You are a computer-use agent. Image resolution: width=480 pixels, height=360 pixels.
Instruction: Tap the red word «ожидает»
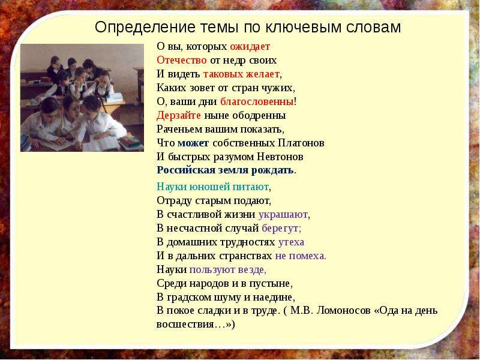coord(250,47)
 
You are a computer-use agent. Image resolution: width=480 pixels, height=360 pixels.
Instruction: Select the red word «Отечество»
coord(182,60)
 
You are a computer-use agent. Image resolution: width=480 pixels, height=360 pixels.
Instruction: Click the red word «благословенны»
coord(257,101)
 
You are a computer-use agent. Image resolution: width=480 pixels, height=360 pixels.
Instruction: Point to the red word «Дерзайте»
coord(179,115)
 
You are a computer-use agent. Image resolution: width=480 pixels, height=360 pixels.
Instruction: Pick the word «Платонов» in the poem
coord(301,143)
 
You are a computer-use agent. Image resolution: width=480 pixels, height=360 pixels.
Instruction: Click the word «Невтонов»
coord(280,157)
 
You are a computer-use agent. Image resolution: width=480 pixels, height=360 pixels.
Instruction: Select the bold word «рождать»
coord(272,170)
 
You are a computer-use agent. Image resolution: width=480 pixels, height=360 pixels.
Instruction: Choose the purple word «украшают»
coord(283,215)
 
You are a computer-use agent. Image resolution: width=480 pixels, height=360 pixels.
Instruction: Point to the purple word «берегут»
coord(280,229)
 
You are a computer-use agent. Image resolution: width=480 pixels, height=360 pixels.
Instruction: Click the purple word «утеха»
coord(291,242)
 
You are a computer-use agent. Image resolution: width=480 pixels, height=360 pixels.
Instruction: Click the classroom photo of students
coord(82,98)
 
